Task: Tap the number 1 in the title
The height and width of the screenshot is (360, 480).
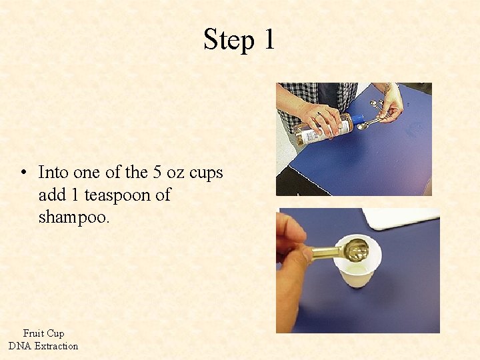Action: pos(269,39)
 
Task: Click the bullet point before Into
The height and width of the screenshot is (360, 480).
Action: pos(24,173)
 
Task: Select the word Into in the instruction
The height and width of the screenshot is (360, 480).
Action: pos(53,172)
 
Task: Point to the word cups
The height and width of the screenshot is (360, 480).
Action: pos(206,173)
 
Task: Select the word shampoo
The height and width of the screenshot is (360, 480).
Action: pos(73,218)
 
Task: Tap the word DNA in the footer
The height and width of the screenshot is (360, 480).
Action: pos(20,346)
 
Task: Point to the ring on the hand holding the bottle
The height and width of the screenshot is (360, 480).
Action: pos(318,115)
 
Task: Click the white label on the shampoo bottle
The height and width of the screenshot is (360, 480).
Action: pos(307,136)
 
